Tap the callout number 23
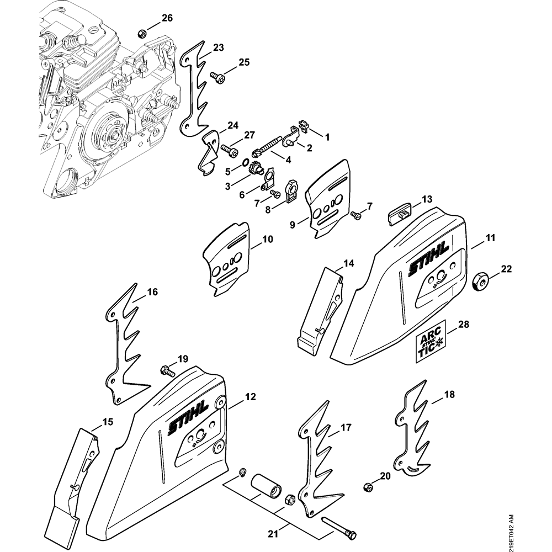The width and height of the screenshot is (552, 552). coord(218,47)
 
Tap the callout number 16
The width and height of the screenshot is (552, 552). coord(152,291)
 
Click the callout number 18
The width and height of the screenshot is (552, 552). coord(449,395)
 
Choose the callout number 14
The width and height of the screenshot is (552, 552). coord(348,263)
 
